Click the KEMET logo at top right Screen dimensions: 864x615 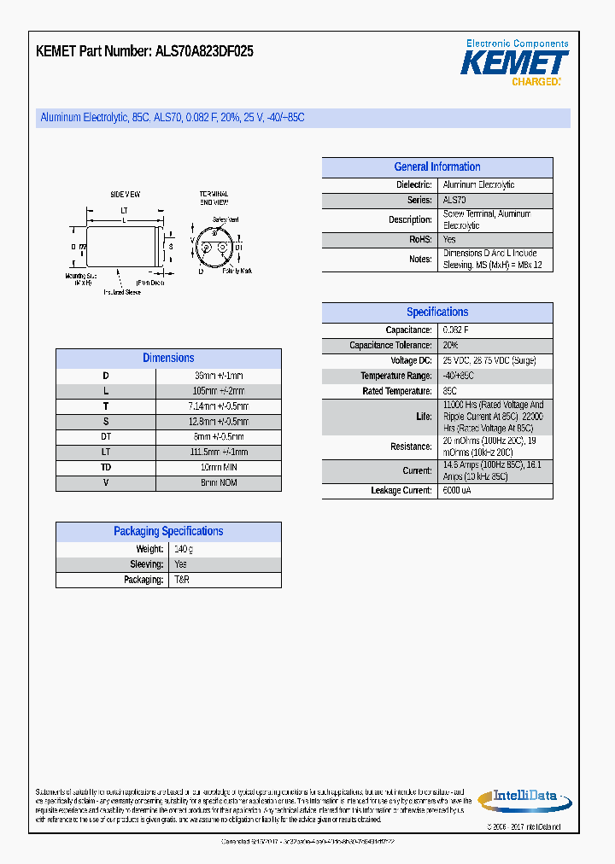(x=514, y=63)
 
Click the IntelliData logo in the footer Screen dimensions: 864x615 (x=524, y=798)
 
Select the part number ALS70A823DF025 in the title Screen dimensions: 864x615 (x=204, y=51)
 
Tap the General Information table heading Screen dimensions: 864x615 (x=436, y=167)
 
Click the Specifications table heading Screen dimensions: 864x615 (x=436, y=312)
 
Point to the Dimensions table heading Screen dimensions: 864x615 (x=168, y=359)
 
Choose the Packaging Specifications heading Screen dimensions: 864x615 (x=168, y=531)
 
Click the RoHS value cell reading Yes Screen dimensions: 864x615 (x=449, y=241)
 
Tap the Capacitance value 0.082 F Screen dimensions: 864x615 (x=455, y=330)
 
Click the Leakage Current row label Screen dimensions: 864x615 (x=401, y=491)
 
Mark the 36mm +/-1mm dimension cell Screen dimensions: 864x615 (x=219, y=376)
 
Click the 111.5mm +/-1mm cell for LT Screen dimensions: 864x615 (x=219, y=452)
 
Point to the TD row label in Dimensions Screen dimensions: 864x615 (x=106, y=468)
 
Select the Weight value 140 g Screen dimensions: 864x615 (x=184, y=549)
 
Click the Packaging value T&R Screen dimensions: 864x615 (x=182, y=580)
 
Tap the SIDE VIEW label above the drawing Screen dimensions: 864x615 (x=125, y=195)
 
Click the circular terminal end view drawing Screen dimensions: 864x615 (x=214, y=248)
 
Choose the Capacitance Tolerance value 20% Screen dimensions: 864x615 (x=450, y=346)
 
